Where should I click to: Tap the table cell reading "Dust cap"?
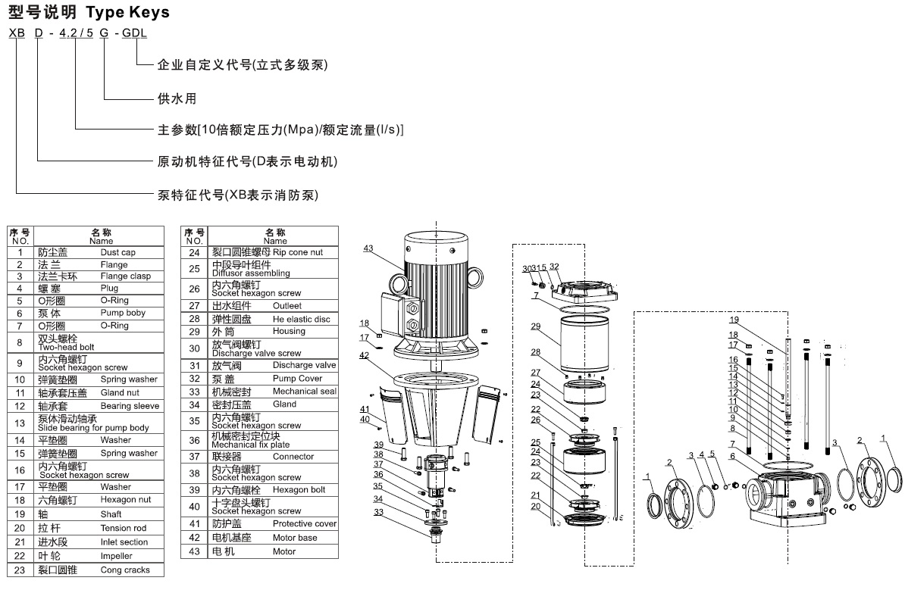[117, 252]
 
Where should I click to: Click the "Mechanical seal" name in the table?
[305, 392]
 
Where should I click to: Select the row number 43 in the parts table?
[195, 551]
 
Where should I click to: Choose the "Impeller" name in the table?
[117, 556]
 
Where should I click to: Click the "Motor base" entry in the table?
[295, 538]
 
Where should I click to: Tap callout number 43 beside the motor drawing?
[368, 248]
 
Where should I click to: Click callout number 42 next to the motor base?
[365, 354]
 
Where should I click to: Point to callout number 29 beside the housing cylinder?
[535, 326]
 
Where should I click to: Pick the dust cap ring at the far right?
[894, 479]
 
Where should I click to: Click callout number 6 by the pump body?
[733, 456]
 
